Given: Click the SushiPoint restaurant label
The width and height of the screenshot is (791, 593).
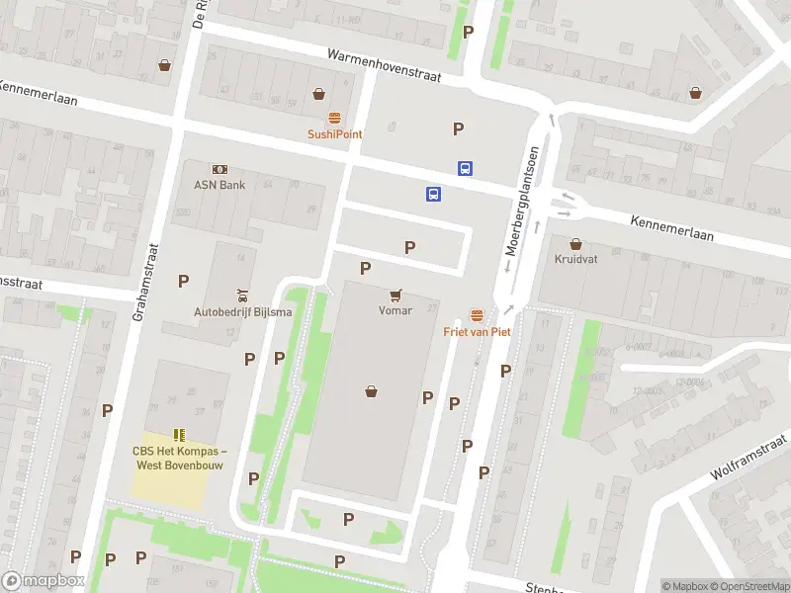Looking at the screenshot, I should coord(334,133).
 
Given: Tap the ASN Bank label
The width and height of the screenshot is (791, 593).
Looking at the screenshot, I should coord(220,185).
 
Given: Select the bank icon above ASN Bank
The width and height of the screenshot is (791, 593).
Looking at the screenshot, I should coord(220,170).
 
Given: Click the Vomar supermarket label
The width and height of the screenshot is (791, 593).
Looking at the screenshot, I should coord(395,310).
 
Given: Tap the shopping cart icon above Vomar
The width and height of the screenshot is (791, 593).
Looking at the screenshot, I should coord(395,295).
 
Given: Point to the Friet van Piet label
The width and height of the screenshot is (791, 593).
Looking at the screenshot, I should coord(477,332).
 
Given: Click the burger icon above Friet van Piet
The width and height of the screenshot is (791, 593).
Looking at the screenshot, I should coord(477,315).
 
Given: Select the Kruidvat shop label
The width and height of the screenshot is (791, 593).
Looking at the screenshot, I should coord(575,259).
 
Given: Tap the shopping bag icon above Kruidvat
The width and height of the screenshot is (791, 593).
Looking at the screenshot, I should coord(575,243).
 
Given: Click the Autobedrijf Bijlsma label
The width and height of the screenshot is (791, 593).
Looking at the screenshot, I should coord(242,312).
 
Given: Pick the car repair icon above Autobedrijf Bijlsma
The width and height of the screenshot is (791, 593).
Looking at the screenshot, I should coord(242,296).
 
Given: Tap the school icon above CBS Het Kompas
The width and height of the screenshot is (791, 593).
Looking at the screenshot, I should coord(179,434).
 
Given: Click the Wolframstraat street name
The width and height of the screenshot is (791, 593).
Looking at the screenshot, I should coord(747,457).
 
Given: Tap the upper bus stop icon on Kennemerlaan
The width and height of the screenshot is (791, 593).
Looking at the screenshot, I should coord(464,169).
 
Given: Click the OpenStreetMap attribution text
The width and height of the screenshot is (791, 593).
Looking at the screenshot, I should coord(748,586).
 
